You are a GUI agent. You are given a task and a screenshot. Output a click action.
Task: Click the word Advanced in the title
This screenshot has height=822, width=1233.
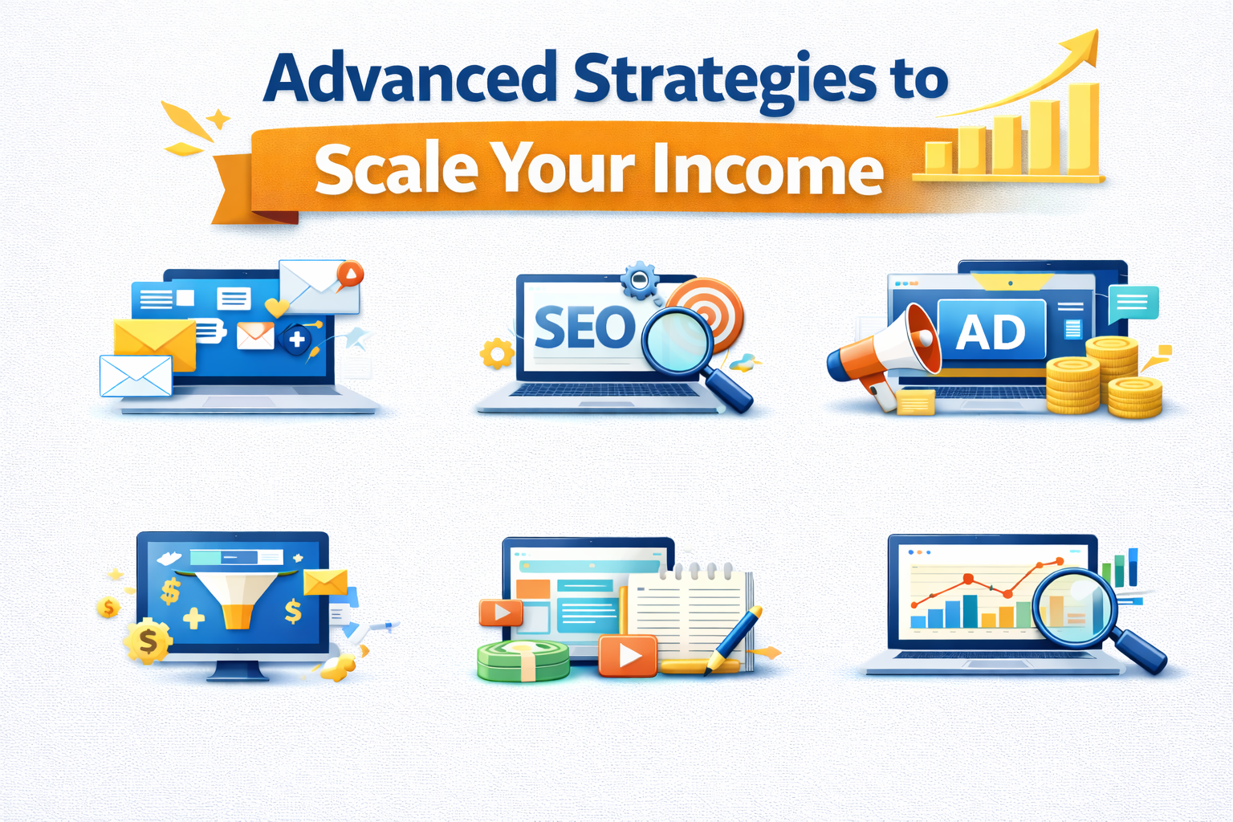coord(409,78)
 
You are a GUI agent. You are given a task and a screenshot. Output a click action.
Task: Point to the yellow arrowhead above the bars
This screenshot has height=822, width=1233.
coord(1084,46)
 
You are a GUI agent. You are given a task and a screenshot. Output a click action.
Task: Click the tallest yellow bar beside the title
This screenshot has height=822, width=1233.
coord(1083,128)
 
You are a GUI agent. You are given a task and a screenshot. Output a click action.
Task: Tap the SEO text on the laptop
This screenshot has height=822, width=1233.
coord(584,328)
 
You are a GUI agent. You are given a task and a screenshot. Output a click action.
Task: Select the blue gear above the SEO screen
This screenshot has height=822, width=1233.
coord(640,280)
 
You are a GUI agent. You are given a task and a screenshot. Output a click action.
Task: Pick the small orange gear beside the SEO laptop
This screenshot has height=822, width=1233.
coord(497,353)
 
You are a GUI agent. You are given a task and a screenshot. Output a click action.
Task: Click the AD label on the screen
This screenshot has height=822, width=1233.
coord(991,332)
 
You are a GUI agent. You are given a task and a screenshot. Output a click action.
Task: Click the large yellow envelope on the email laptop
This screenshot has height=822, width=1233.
coord(155,344)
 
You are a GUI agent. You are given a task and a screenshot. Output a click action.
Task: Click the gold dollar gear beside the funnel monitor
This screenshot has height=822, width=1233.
coord(148,641)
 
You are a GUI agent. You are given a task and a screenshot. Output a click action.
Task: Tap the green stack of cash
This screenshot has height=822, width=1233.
coord(523,660)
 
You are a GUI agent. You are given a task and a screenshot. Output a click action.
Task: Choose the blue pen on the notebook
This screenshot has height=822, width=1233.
coord(735,638)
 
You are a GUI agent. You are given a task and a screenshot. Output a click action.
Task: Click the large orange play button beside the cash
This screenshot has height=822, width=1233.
coord(628,655)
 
